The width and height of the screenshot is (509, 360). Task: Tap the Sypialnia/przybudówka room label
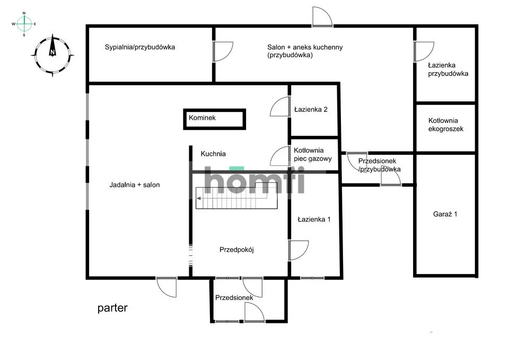point(140,47)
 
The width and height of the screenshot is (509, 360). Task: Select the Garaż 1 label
point(445,214)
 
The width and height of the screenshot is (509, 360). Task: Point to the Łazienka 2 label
point(311,109)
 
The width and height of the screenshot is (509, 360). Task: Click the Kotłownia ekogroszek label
point(445,125)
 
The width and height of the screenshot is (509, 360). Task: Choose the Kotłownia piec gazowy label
point(313,154)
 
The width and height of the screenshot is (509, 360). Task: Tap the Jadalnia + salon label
point(134,185)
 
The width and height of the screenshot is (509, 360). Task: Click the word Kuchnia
point(213,154)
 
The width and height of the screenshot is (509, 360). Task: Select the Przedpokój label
point(236,250)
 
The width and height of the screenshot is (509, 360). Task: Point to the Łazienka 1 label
point(314,219)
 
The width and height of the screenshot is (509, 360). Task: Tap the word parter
point(112,308)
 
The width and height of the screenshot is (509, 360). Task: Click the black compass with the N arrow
point(52,55)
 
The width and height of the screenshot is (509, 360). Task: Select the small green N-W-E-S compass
point(24,24)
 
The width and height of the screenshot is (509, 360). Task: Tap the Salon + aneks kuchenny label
point(305,51)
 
